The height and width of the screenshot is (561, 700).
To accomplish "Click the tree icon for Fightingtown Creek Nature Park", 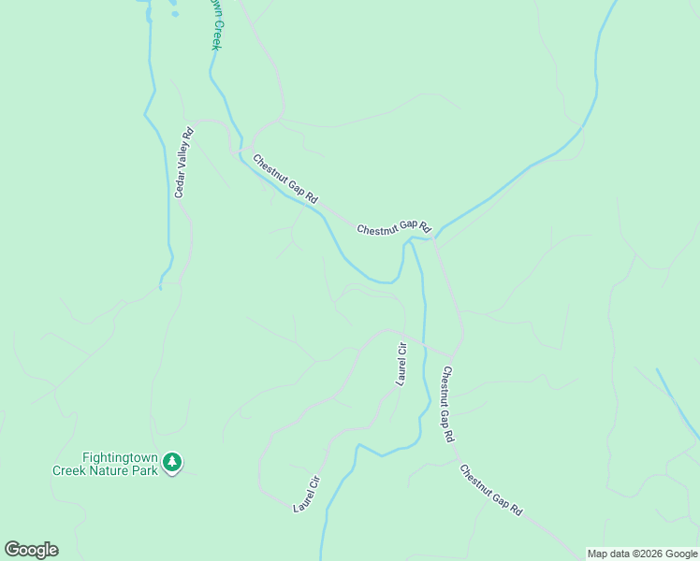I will point(171,461).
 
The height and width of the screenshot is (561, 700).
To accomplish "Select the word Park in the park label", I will point(145,471).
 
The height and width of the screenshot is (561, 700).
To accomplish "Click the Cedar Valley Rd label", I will point(183,163).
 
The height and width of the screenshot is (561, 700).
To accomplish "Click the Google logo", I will point(31,550).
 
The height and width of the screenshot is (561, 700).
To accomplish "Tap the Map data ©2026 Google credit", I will point(643,554).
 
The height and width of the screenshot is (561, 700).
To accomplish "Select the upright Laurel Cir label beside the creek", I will point(401,365).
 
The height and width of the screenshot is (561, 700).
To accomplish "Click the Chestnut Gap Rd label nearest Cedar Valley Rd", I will point(285,180).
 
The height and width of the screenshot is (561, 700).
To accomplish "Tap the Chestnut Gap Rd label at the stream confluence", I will point(393,227).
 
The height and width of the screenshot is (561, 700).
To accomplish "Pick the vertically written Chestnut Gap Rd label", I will point(448,403).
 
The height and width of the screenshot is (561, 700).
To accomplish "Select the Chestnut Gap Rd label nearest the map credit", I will point(491,487).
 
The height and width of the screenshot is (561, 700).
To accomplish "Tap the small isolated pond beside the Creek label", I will point(173,14).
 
